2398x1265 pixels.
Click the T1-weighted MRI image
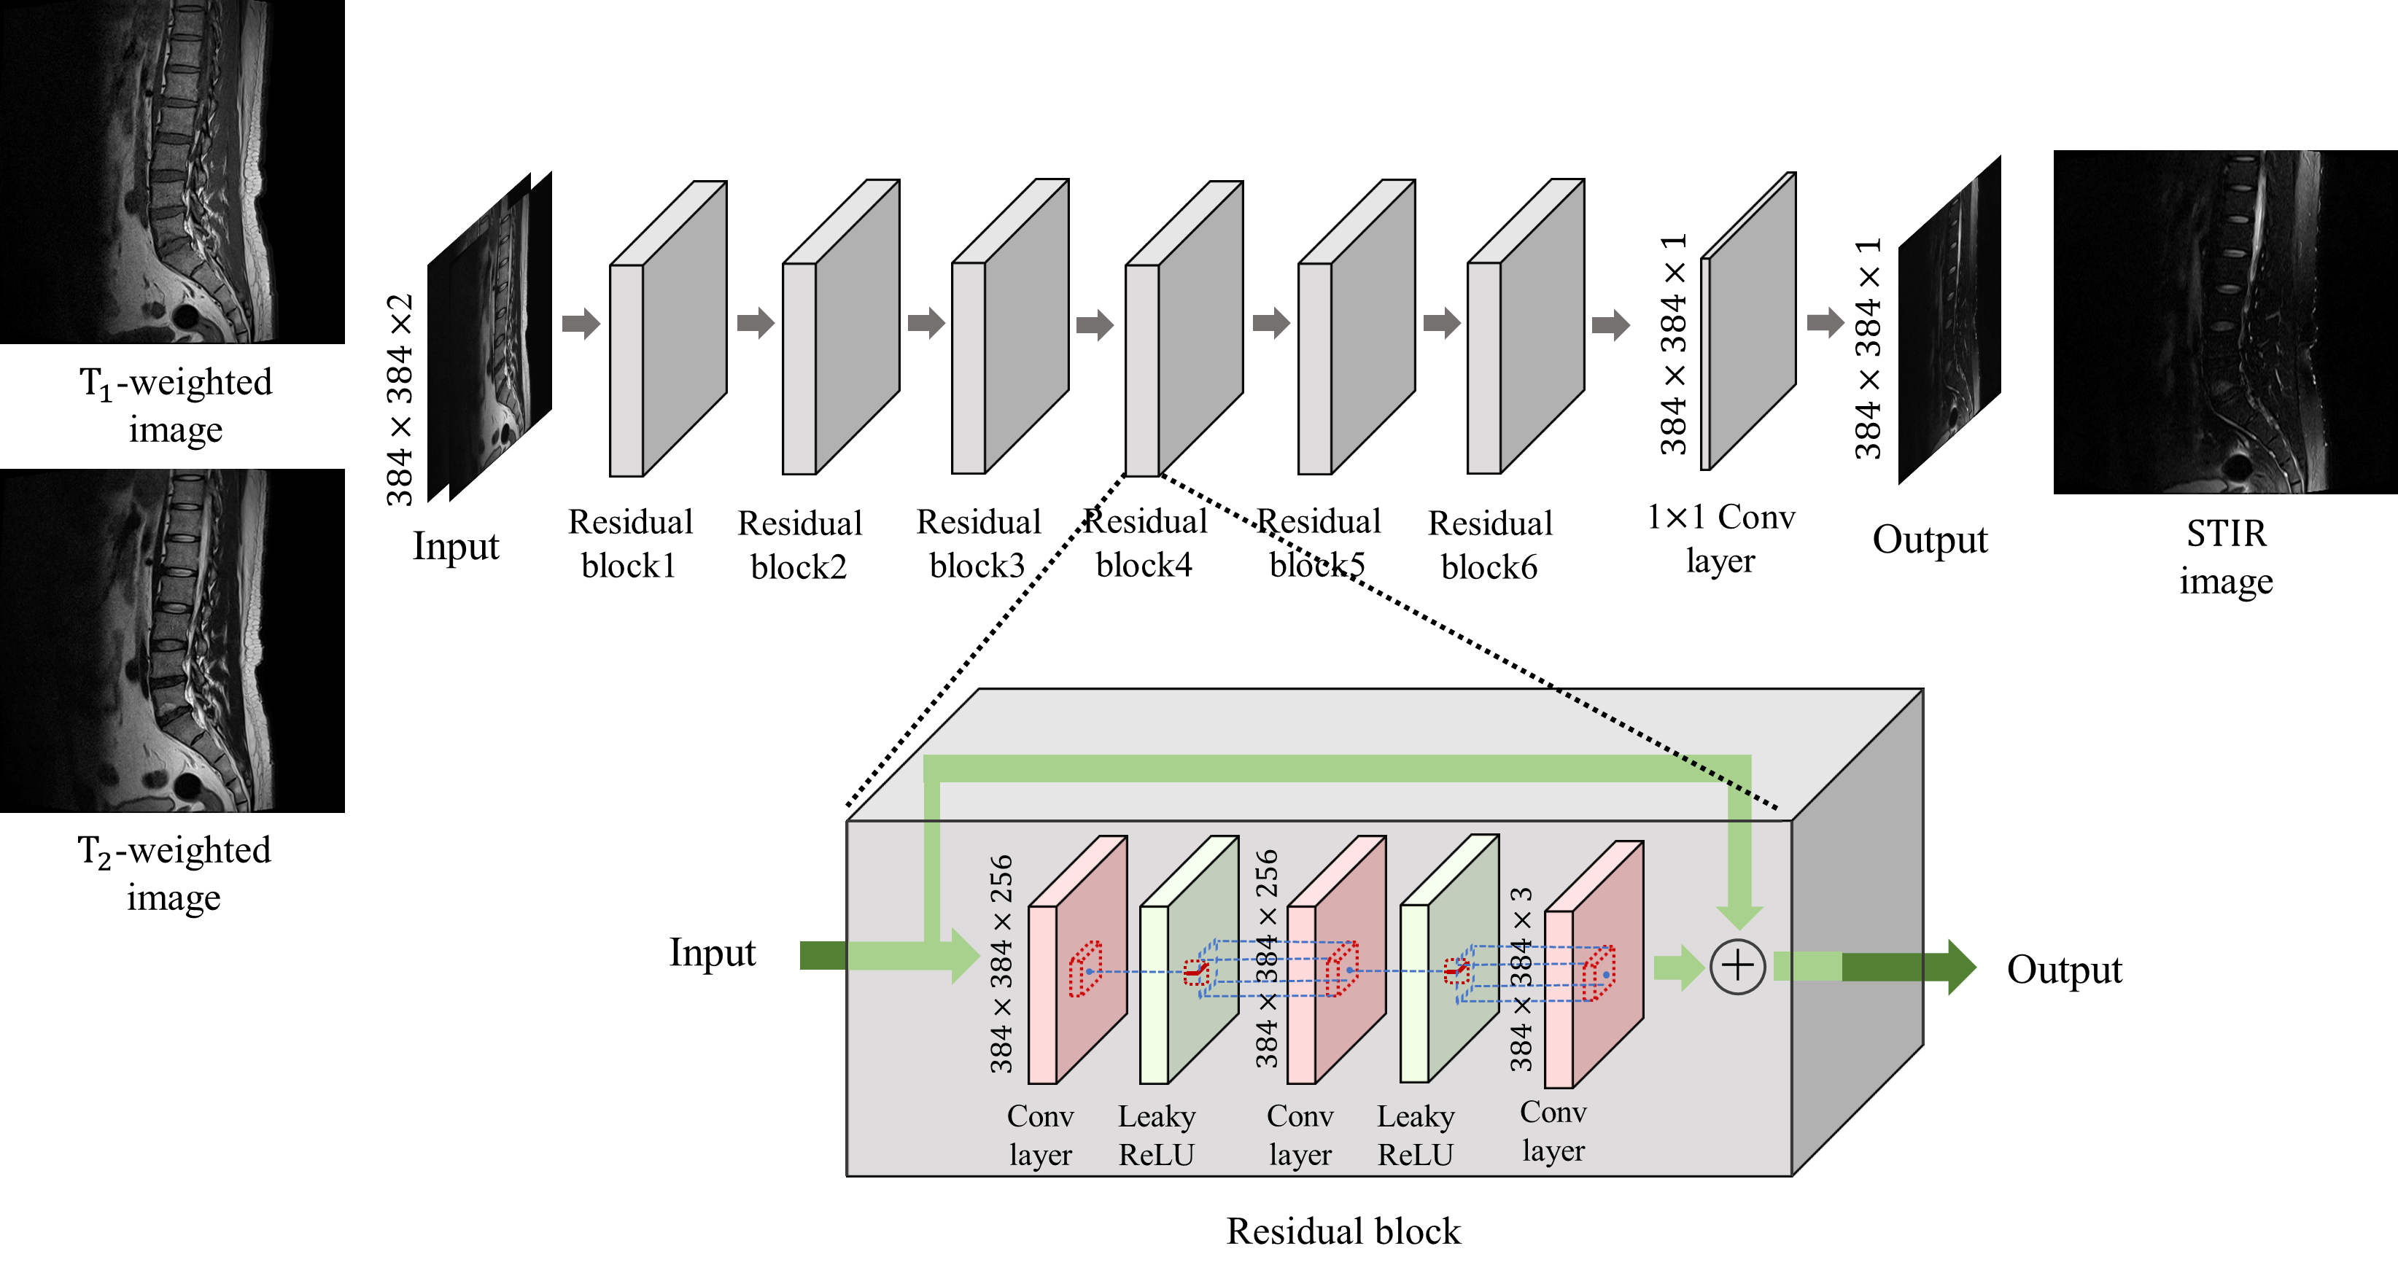[x=172, y=171]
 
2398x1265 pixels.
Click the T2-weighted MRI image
[x=172, y=640]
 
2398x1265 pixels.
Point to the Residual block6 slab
[x=1526, y=326]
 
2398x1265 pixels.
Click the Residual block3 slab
[x=1011, y=326]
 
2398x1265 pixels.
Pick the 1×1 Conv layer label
[x=1720, y=538]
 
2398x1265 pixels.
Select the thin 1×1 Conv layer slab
[x=1748, y=321]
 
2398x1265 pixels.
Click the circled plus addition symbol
[x=1737, y=966]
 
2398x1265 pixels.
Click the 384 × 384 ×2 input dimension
[x=400, y=400]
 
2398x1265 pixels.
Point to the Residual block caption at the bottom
[x=1343, y=1231]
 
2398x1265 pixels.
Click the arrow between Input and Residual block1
[x=581, y=324]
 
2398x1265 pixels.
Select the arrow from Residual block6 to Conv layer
[x=1610, y=325]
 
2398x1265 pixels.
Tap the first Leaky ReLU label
[x=1156, y=1134]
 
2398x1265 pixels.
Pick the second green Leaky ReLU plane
[x=1449, y=959]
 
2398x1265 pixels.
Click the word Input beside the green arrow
[x=712, y=953]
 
